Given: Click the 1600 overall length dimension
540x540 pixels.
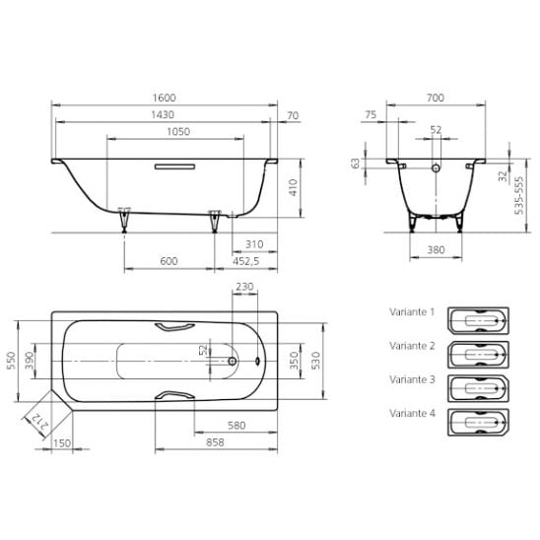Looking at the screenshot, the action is [x=165, y=98].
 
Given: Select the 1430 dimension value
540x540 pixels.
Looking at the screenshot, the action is [x=163, y=114].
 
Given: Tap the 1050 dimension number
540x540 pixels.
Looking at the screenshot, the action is [x=178, y=132].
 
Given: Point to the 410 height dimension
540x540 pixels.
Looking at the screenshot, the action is [x=293, y=187].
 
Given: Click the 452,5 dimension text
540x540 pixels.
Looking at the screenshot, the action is [x=246, y=261].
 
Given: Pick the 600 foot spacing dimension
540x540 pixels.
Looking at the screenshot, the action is [x=169, y=261].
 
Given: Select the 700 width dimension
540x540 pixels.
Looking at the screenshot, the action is [x=436, y=98].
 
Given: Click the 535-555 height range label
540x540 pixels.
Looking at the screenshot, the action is [x=518, y=195].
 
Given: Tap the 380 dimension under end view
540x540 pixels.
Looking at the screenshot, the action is [x=436, y=249].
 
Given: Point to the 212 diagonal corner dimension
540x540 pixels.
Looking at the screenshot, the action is [x=39, y=422].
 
